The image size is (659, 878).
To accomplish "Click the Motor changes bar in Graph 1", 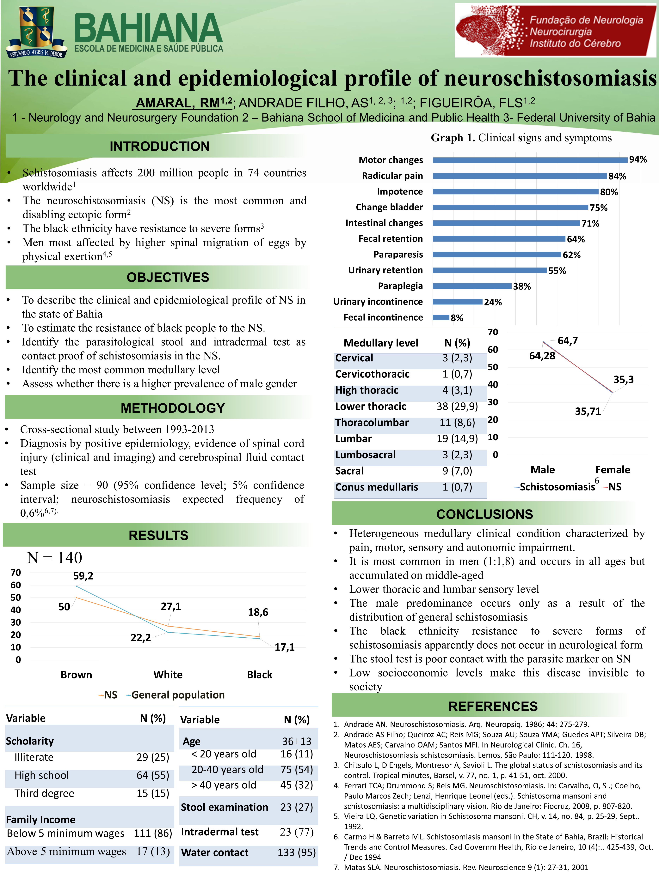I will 530,160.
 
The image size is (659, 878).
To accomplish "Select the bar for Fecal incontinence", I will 441,318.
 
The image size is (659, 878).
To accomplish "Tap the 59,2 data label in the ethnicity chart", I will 83,576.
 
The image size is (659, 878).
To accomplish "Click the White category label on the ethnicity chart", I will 168,675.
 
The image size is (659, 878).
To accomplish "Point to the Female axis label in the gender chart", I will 613,470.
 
